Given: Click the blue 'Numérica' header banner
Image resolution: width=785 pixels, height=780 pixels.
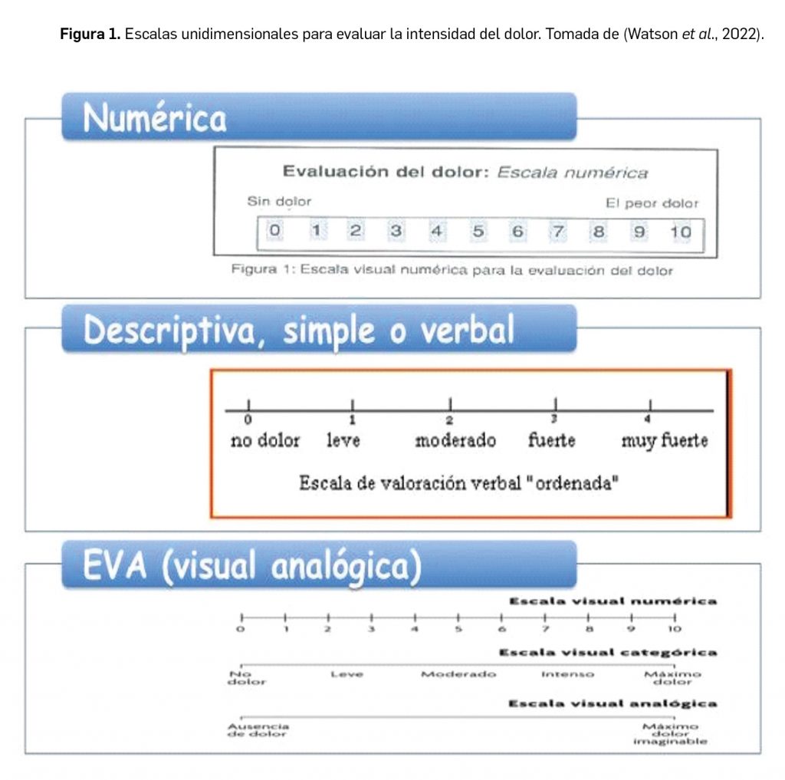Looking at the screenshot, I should click(318, 117).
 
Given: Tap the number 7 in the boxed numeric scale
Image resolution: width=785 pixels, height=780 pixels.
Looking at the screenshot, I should click(558, 231).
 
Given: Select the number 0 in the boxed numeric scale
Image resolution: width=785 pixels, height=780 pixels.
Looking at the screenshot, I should click(274, 231).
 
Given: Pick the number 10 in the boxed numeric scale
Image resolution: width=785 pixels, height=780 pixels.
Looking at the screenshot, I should click(680, 231).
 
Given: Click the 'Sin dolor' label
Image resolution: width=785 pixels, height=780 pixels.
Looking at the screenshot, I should click(279, 202).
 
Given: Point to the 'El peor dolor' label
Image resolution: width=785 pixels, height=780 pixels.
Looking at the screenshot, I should click(652, 203).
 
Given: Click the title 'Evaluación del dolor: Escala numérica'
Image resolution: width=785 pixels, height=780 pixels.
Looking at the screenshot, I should click(465, 173).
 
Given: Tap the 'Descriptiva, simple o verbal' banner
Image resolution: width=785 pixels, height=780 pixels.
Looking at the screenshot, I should click(318, 330).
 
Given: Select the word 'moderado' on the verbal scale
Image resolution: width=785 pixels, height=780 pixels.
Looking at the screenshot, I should click(455, 441).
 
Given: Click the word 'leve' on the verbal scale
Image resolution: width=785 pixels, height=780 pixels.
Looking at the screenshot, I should click(343, 441).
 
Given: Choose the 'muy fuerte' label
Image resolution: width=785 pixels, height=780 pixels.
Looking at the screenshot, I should click(664, 441).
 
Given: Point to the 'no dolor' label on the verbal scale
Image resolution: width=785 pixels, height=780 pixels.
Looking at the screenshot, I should click(265, 441).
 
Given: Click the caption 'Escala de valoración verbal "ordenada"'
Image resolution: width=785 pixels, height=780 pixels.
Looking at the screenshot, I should click(459, 484).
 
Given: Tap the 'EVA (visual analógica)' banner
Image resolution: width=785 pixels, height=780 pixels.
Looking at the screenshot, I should click(318, 565).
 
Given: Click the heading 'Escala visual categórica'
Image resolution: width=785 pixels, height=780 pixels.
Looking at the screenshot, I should click(608, 653).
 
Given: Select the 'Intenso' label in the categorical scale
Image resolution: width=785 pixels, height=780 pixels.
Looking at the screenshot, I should click(567, 674).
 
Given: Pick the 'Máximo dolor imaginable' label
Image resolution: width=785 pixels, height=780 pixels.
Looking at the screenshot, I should click(670, 733).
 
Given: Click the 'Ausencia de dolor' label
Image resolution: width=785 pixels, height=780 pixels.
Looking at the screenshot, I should click(258, 729).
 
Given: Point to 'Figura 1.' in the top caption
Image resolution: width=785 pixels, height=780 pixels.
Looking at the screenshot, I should click(90, 35).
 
